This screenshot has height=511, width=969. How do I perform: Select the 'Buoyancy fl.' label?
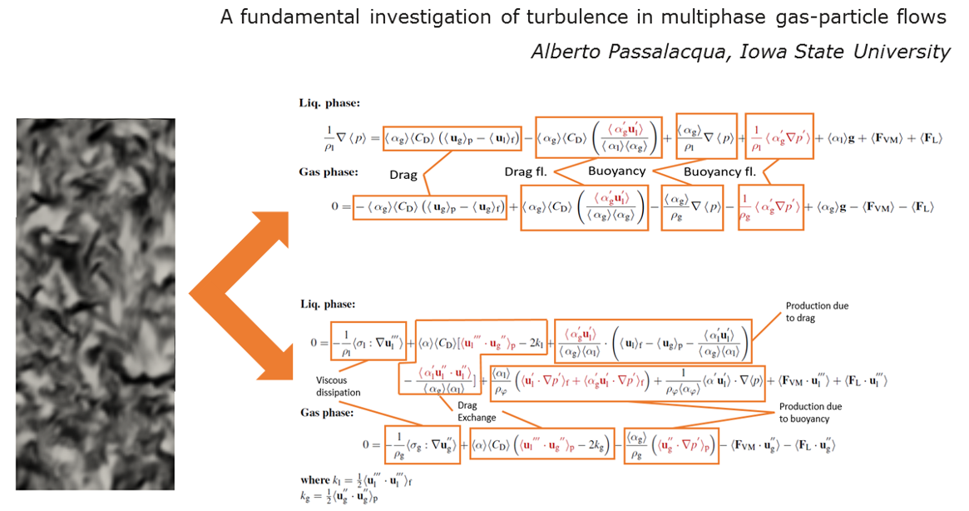[x=720, y=172]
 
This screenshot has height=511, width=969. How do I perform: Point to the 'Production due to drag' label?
[x=818, y=312]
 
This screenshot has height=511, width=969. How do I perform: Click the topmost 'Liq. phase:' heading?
[x=329, y=103]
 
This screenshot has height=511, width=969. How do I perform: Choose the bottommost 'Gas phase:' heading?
[x=329, y=413]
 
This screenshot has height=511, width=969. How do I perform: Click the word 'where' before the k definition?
[x=317, y=480]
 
